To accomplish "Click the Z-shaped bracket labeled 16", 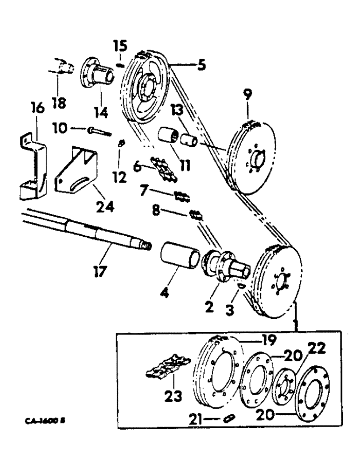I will (35, 168).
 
